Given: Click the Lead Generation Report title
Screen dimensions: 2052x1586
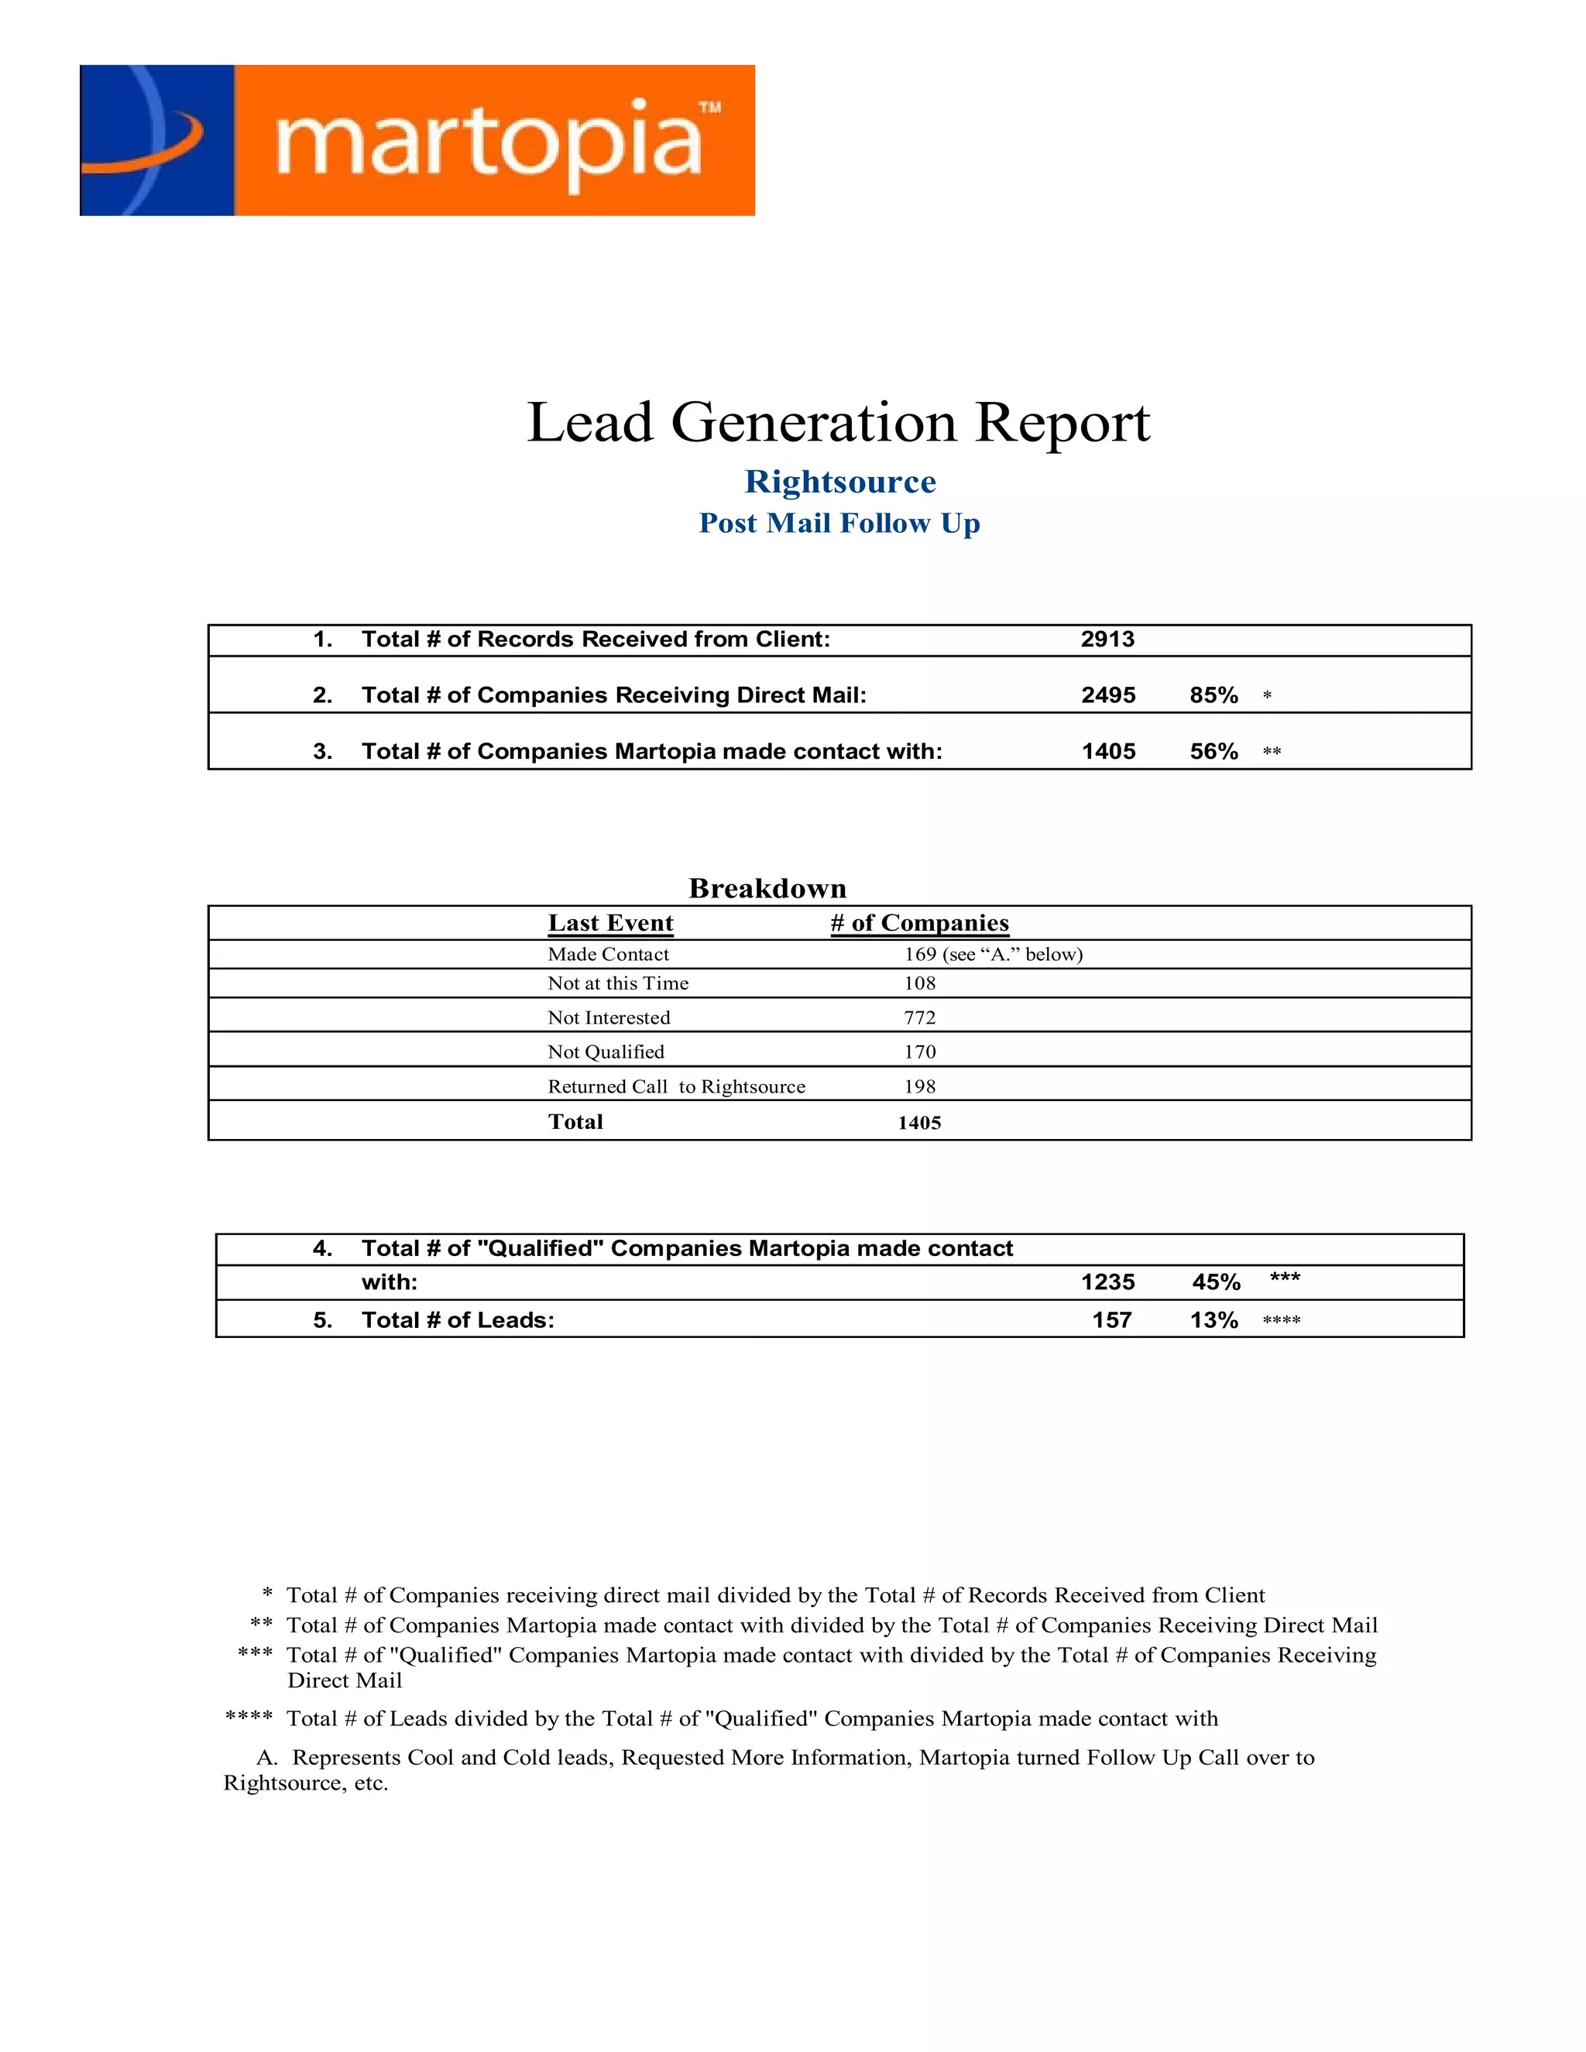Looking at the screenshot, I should click(x=838, y=422).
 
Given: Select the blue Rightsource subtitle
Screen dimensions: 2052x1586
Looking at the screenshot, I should click(x=840, y=482).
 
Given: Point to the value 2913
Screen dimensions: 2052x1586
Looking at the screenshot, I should click(x=1107, y=640).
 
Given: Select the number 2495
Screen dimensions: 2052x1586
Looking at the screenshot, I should click(x=1107, y=695).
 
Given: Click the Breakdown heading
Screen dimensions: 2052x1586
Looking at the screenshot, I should click(x=767, y=888).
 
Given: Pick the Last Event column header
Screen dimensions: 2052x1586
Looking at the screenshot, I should click(x=611, y=923).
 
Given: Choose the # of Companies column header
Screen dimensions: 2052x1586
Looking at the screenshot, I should click(x=919, y=923).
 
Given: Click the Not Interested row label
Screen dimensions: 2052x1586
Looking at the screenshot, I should click(x=609, y=1017).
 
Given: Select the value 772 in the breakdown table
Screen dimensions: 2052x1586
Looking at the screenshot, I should click(x=920, y=1017).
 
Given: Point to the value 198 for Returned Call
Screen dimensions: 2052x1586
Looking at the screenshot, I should click(x=920, y=1086).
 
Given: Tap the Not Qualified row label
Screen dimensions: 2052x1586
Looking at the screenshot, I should click(x=606, y=1052).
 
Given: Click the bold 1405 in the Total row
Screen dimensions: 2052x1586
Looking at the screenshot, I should click(x=919, y=1123).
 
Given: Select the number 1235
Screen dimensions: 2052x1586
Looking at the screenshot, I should click(x=1107, y=1282).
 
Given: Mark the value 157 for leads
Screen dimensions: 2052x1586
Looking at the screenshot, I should click(x=1111, y=1321).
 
